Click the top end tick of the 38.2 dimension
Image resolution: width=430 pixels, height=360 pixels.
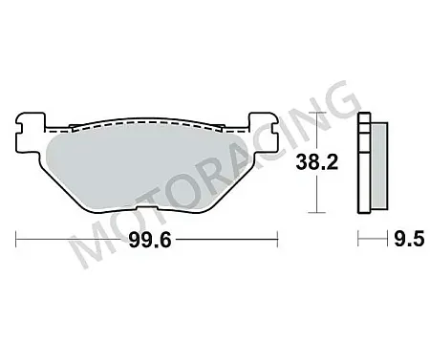pyautogui.click(x=316, y=114)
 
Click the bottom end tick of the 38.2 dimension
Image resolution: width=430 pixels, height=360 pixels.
pyautogui.click(x=316, y=211)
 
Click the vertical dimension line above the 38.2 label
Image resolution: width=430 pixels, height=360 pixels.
pyautogui.click(x=316, y=134)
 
